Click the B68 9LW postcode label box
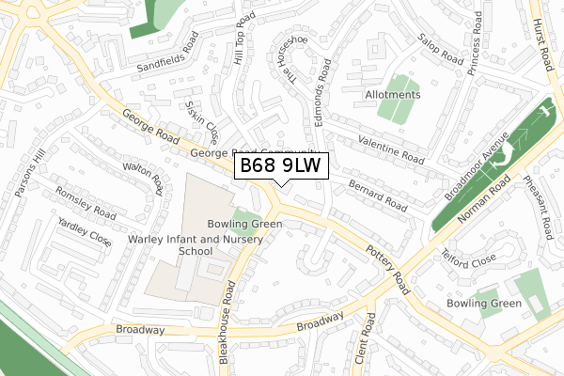point(281,165)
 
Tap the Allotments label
point(394,95)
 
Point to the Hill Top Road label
point(241,38)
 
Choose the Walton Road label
point(144,177)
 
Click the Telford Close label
point(472,256)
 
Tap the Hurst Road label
point(544,40)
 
